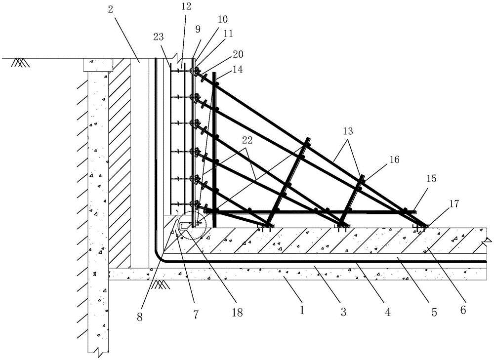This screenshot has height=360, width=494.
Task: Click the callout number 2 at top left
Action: tap(110, 9)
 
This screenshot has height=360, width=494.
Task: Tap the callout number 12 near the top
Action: tap(186, 6)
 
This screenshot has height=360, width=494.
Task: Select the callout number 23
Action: tap(159, 37)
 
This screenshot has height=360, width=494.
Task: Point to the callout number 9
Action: tap(198, 30)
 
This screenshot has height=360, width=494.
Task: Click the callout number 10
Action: tap(222, 19)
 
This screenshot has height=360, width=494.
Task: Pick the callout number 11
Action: tap(228, 34)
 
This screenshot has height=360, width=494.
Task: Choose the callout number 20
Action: tap(238, 54)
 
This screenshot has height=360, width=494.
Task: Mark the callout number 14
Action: tap(238, 69)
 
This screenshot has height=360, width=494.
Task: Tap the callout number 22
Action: tap(247, 140)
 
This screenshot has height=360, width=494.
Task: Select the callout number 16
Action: tap(394, 160)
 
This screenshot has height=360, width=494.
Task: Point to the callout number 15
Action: tap(431, 179)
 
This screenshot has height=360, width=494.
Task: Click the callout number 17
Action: tap(453, 204)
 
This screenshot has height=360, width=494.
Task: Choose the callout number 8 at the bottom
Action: tap(140, 317)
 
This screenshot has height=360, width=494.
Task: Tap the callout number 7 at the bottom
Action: tap(196, 314)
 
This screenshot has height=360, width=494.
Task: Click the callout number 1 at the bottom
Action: tap(302, 311)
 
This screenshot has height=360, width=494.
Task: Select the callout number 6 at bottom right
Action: tap(463, 310)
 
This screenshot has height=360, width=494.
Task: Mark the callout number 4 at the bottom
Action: tap(387, 312)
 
